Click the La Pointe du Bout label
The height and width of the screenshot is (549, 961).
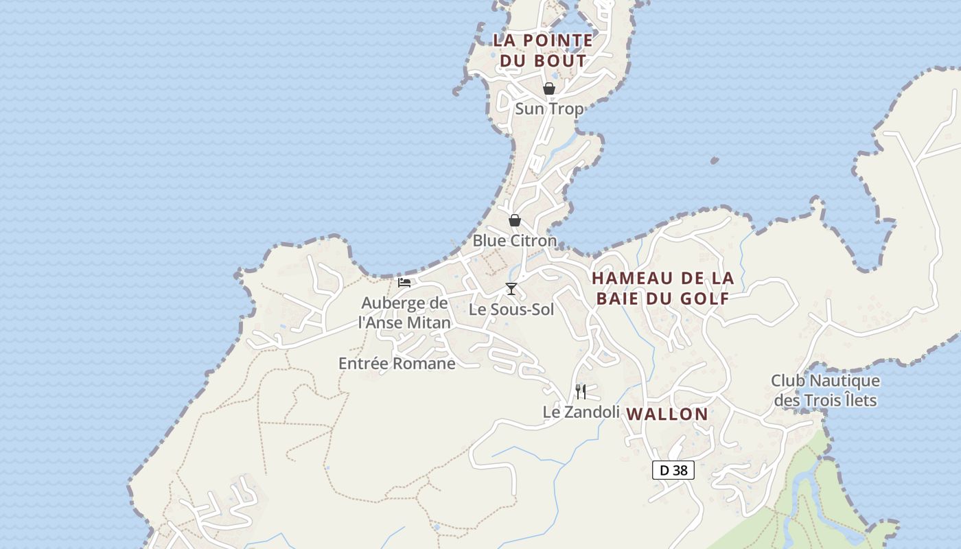(x=542, y=50)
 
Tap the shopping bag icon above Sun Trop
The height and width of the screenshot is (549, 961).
(x=548, y=89)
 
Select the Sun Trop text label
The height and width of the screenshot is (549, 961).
(x=549, y=108)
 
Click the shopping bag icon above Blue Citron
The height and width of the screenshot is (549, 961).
(x=514, y=220)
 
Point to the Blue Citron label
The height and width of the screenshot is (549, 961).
(x=514, y=241)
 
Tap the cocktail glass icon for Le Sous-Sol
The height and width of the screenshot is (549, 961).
(x=511, y=288)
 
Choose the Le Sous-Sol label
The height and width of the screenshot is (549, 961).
(x=511, y=309)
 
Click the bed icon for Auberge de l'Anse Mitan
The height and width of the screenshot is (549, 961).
(x=404, y=282)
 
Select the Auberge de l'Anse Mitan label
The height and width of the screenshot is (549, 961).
(x=405, y=312)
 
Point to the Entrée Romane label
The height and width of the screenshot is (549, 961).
(x=397, y=364)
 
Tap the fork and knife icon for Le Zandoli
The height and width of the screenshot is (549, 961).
(x=581, y=392)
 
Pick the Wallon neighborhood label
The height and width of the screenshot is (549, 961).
(x=667, y=414)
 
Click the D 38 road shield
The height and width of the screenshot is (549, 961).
(x=673, y=470)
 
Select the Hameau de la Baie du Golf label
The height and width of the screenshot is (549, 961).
(x=662, y=288)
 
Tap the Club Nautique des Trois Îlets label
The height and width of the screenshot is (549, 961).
(x=825, y=390)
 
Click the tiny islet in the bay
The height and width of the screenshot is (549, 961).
(x=715, y=160)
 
